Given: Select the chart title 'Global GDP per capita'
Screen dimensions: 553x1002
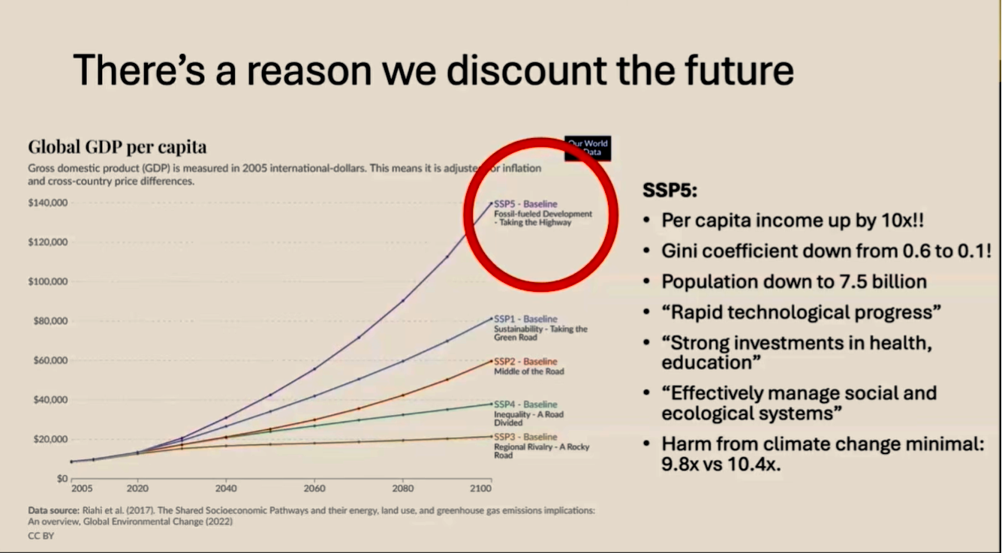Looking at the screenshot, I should click(x=117, y=147).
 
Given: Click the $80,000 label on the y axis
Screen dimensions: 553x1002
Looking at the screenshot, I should click(x=50, y=321).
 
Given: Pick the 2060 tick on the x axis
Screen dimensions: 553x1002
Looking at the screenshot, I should click(x=314, y=488).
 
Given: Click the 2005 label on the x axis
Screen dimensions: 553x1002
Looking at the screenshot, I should click(x=81, y=488).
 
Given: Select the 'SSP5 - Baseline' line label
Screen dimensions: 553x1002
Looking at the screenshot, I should click(x=525, y=204).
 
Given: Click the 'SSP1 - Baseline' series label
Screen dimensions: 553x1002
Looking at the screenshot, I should click(x=525, y=320).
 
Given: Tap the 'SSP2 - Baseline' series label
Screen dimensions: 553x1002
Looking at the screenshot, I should click(x=525, y=362).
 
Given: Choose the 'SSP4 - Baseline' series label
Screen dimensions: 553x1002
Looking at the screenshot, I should click(x=525, y=405).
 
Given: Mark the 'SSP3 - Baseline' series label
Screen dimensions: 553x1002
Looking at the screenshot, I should click(x=525, y=437).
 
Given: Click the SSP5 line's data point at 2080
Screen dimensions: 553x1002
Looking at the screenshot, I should click(x=403, y=301).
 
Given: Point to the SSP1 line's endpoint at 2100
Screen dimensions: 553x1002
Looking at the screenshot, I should click(x=492, y=318).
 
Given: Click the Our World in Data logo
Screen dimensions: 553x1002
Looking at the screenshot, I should click(x=588, y=148).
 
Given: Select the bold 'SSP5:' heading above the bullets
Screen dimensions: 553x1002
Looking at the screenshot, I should click(x=670, y=191).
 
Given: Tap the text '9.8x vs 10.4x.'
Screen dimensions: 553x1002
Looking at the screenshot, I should click(x=721, y=464).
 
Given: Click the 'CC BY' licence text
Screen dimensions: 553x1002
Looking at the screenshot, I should click(x=41, y=536).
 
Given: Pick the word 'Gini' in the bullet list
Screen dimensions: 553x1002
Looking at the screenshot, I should click(x=680, y=251).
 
